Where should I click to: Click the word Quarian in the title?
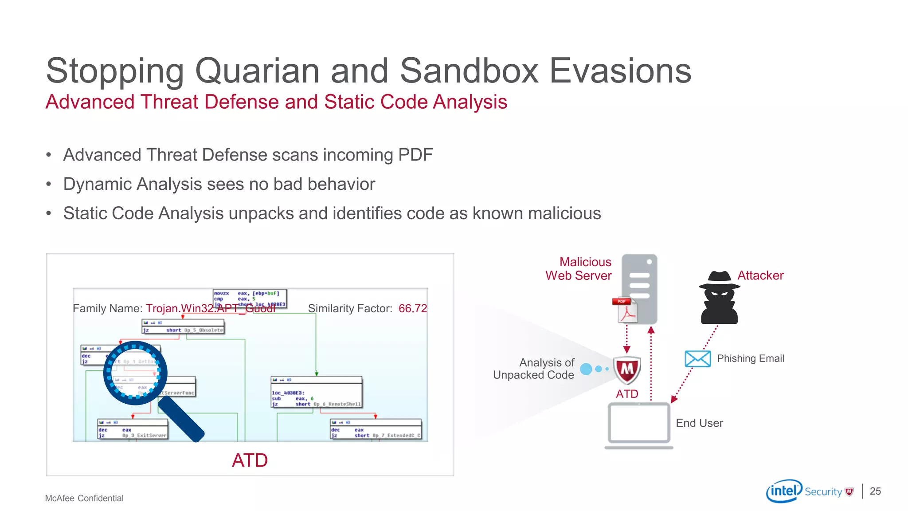(x=257, y=71)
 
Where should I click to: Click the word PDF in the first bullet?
(x=415, y=155)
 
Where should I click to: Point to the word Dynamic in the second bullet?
(x=97, y=184)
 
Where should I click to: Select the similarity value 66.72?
(x=412, y=308)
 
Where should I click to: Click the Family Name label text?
(x=107, y=308)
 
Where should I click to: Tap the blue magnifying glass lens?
(x=135, y=373)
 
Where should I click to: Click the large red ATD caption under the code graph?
(x=250, y=460)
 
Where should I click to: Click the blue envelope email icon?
(x=697, y=358)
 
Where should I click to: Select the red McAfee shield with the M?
(x=627, y=370)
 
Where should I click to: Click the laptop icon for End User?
(x=639, y=425)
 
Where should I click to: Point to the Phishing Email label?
(x=750, y=358)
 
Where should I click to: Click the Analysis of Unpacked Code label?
(x=534, y=369)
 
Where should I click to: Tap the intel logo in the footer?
(x=784, y=491)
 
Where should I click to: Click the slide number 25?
(x=875, y=491)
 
